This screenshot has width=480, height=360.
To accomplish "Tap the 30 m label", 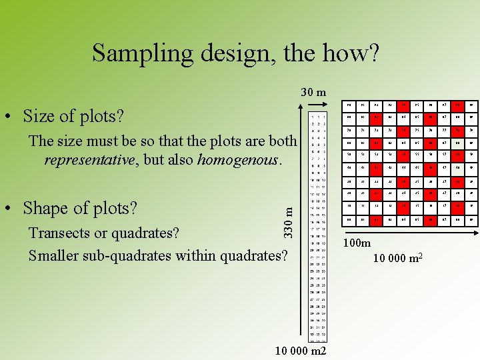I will pos(313,92).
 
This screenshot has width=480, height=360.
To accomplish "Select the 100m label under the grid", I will pos(357,244).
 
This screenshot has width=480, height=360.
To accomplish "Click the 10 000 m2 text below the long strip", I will pos(300,351).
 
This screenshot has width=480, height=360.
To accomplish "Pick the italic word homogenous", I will pos(239,160).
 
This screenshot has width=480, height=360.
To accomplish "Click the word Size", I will pos(40,116).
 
